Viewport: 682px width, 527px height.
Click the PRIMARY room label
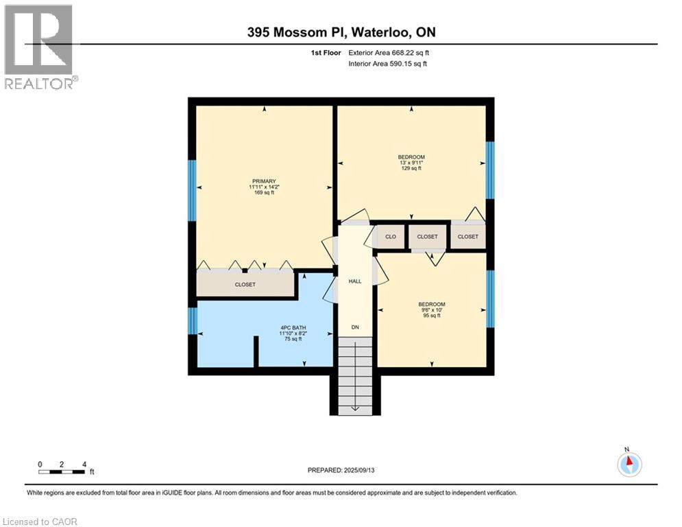[x=262, y=181]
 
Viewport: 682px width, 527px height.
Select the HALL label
[x=354, y=281]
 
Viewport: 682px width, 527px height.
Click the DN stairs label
[x=355, y=327]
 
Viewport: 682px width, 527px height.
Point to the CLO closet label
[x=390, y=237]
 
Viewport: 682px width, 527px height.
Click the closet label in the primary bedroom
[x=245, y=284]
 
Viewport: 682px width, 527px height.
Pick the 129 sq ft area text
[x=411, y=168]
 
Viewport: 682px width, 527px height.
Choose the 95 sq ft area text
[x=432, y=316]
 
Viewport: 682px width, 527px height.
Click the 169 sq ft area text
[x=262, y=193]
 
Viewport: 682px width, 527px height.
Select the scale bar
[x=62, y=471]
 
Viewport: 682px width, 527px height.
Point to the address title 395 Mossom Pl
[x=341, y=32]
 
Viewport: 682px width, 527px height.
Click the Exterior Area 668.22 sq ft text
[x=389, y=52]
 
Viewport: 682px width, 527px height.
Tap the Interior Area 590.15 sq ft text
[x=389, y=64]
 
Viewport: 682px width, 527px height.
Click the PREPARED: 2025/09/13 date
[x=342, y=470]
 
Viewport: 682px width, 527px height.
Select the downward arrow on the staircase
[x=355, y=408]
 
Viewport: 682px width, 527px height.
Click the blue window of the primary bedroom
[x=193, y=190]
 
